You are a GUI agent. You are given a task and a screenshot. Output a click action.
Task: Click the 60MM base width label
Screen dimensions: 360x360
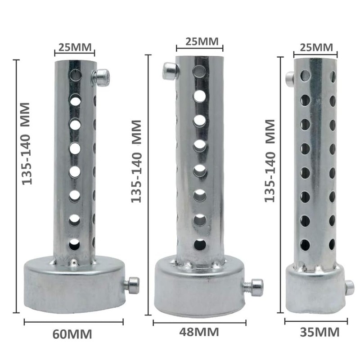pyautogui.click(x=72, y=334)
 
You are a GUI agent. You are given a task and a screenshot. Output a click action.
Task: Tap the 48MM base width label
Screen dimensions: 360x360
pyautogui.click(x=199, y=332)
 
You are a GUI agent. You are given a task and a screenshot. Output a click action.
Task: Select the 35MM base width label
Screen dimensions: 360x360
pyautogui.click(x=319, y=332)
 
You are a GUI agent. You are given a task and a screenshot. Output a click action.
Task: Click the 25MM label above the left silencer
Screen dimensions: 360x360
pyautogui.click(x=75, y=47)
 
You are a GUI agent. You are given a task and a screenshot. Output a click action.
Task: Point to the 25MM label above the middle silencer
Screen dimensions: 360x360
pyautogui.click(x=202, y=41)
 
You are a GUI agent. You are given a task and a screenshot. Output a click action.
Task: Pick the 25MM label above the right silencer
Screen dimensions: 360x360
pyautogui.click(x=316, y=48)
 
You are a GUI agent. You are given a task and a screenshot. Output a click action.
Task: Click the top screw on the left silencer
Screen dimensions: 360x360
pyautogui.click(x=101, y=77)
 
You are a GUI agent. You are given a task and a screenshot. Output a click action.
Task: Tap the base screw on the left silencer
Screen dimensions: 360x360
pyautogui.click(x=132, y=285)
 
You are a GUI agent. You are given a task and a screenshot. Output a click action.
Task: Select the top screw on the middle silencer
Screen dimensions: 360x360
pyautogui.click(x=171, y=71)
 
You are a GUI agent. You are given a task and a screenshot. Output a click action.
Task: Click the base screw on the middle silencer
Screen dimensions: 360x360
pyautogui.click(x=254, y=287)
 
